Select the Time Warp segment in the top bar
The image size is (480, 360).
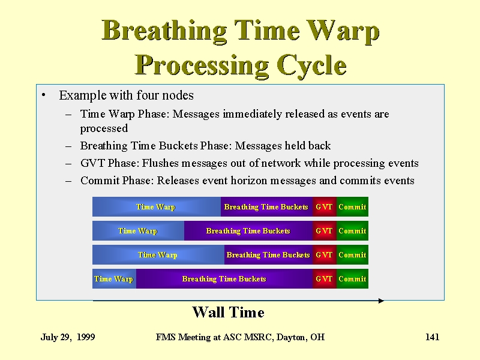(157, 206)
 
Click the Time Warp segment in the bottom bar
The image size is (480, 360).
(114, 278)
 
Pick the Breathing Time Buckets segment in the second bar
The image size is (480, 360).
(248, 230)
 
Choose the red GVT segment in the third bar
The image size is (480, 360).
(325, 254)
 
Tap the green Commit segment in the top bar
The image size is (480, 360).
(352, 206)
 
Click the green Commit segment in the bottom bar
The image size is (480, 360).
(352, 278)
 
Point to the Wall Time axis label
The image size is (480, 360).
(229, 312)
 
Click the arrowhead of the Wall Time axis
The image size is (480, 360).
(382, 301)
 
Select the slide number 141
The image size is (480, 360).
(432, 337)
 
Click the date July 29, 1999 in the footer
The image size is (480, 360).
(68, 337)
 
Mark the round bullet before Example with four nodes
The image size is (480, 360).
(43, 95)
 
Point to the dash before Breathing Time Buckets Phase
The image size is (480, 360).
(68, 146)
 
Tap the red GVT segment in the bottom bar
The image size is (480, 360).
(325, 278)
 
